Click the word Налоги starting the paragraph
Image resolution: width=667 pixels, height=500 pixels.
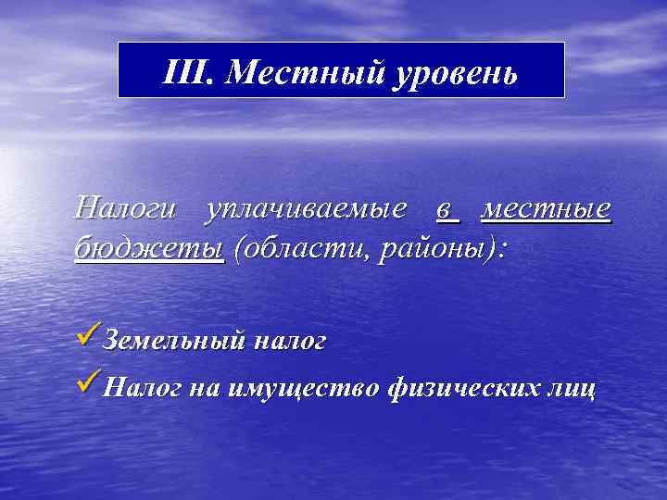coord(129,208)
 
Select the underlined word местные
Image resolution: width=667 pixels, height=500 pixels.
coord(547,209)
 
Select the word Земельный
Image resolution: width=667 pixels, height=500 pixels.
coord(174,341)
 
